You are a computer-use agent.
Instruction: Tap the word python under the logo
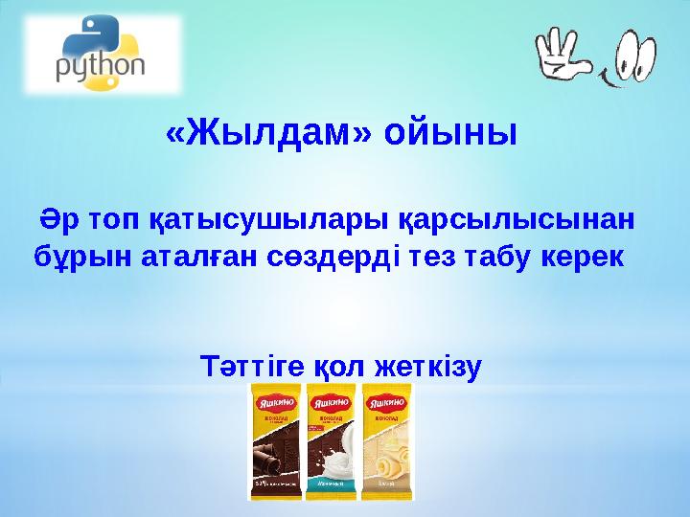pyautogui.click(x=100, y=68)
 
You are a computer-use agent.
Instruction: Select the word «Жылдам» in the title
pyautogui.click(x=269, y=132)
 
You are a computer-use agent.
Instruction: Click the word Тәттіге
pyautogui.click(x=253, y=366)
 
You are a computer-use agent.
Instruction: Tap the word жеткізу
pyautogui.click(x=428, y=366)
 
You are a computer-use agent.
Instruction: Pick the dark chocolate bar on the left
pyautogui.click(x=275, y=440)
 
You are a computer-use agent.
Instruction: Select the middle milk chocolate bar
pyautogui.click(x=332, y=440)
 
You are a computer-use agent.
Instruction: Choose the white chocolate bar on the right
pyautogui.click(x=386, y=440)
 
